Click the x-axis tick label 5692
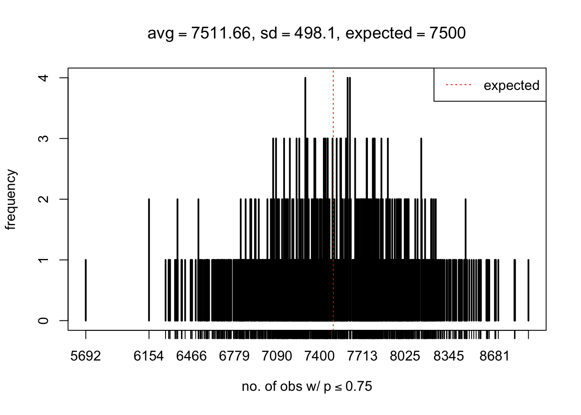[x=86, y=356]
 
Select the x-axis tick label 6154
[x=149, y=356]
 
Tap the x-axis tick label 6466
[x=192, y=356]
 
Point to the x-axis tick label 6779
[x=234, y=356]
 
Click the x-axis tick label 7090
[x=277, y=356]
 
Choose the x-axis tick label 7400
[x=319, y=356]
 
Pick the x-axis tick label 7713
[x=362, y=356]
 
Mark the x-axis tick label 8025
[x=405, y=356]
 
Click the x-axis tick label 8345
[x=449, y=356]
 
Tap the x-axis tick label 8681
[x=495, y=356]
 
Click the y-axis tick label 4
[x=44, y=78]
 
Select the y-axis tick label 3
[x=44, y=138]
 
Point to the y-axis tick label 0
[x=44, y=320]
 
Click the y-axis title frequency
[x=11, y=200]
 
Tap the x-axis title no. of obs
[x=307, y=386]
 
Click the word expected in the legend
[x=511, y=86]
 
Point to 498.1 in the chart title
[x=315, y=33]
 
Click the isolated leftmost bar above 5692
[x=86, y=290]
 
